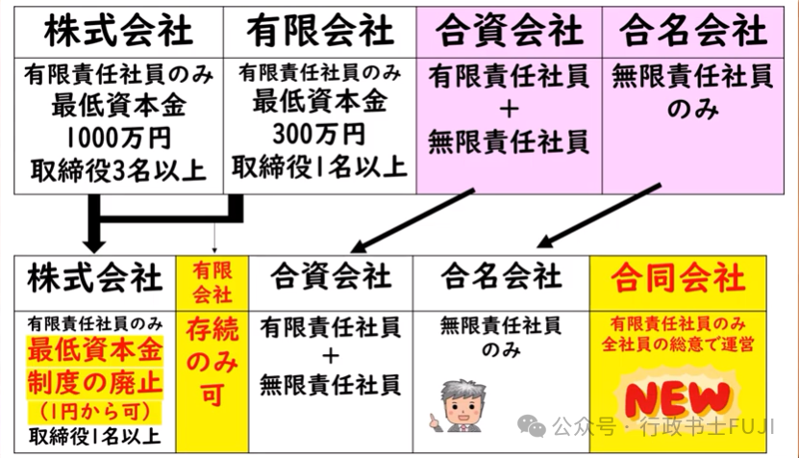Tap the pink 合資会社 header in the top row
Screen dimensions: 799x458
(x=510, y=31)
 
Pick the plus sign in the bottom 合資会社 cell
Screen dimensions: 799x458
(x=331, y=356)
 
